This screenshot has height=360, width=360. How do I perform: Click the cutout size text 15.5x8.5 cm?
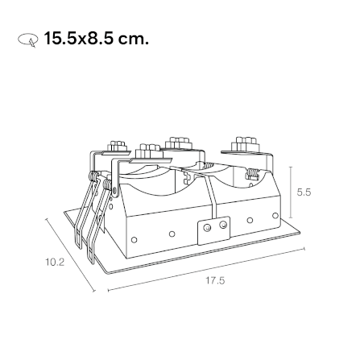(96, 38)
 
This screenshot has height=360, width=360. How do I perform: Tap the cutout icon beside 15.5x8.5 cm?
(27, 40)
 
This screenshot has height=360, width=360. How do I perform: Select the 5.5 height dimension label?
(304, 192)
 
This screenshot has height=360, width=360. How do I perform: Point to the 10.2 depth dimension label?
(55, 262)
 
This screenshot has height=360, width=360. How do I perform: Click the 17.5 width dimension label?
(215, 280)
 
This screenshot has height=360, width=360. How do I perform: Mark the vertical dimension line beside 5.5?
(291, 192)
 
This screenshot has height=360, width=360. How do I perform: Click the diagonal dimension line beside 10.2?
(70, 254)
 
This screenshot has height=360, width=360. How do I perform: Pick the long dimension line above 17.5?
(206, 269)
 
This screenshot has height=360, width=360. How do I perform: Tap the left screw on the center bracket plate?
(207, 228)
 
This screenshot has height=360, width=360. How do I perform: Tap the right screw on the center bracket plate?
(223, 225)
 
